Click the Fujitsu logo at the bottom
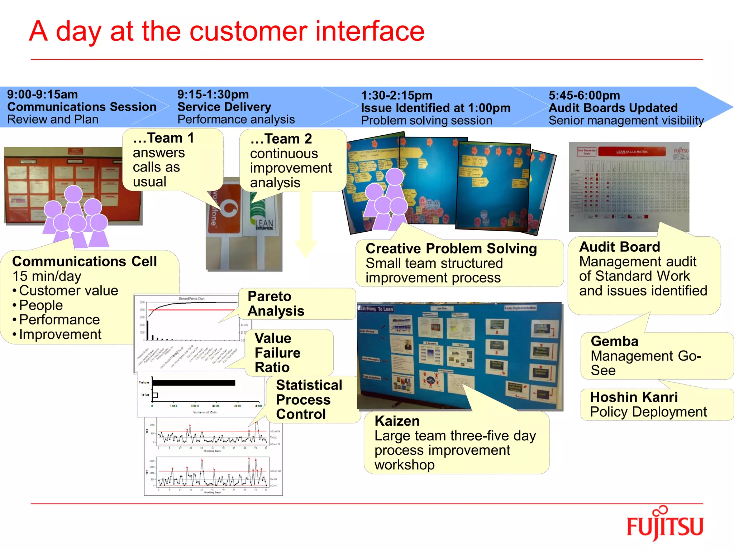[664, 525]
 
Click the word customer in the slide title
[248, 32]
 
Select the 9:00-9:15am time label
[42, 95]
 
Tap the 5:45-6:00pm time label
[584, 95]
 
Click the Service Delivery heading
[224, 107]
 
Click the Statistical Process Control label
[309, 399]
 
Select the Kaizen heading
[397, 421]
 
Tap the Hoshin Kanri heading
[634, 397]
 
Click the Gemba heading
[614, 341]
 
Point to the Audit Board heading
[619, 247]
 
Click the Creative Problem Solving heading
[451, 249]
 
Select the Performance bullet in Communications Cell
[59, 320]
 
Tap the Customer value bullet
[68, 291]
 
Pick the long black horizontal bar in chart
[194, 383]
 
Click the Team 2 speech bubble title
[281, 139]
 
